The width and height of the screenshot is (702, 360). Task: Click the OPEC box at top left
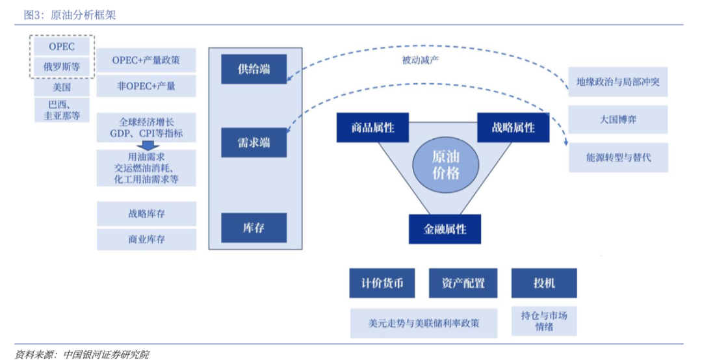click(62, 47)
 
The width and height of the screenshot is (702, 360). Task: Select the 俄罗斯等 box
click(62, 66)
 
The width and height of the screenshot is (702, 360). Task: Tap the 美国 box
click(62, 86)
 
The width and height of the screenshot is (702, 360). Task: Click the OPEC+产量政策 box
click(146, 60)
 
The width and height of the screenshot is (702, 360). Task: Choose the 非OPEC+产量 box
click(146, 85)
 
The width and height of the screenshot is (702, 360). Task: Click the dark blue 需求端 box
click(253, 142)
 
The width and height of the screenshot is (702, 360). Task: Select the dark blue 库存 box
click(253, 227)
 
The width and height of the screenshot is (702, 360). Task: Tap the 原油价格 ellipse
click(445, 164)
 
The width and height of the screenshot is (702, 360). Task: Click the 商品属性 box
click(372, 127)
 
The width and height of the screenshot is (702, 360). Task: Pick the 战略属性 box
click(513, 127)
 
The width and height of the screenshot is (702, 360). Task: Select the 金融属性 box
click(445, 229)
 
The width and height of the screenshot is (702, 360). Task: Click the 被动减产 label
click(422, 60)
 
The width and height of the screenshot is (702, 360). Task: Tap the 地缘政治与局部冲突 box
click(617, 83)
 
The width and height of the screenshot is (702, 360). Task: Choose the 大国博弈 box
click(617, 120)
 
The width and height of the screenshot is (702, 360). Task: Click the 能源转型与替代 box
click(617, 157)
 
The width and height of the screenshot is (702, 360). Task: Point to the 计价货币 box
click(382, 283)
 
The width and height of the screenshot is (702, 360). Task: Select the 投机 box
click(543, 283)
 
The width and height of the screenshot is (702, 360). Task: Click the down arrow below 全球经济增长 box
click(146, 146)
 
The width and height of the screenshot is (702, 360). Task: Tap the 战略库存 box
click(146, 214)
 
